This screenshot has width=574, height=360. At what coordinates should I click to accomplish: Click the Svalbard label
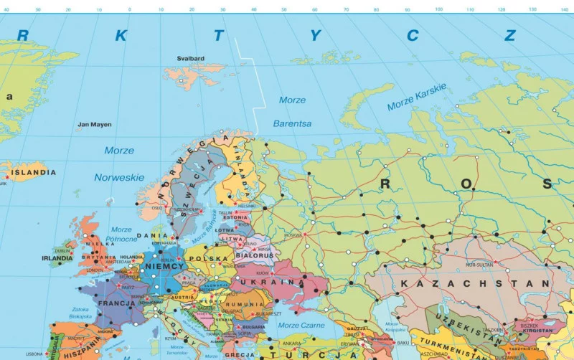coord(191,59)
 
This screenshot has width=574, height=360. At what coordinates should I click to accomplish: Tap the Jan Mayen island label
coord(95,125)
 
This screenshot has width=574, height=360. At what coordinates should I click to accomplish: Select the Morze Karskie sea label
coord(417,98)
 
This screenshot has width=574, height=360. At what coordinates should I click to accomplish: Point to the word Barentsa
coord(292,123)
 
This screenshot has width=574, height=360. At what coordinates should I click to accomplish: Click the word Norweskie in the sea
coord(119,177)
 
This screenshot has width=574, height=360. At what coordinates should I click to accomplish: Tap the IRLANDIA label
coord(57,258)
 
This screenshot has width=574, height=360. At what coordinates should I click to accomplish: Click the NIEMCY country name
coord(165,266)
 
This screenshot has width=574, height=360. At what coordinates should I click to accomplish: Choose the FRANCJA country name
coord(113,303)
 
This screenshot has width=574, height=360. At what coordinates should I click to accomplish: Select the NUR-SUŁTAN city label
coord(480,265)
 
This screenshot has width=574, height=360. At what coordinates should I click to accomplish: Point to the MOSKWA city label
coord(293,235)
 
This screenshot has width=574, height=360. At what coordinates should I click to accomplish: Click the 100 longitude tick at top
coord(439,10)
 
